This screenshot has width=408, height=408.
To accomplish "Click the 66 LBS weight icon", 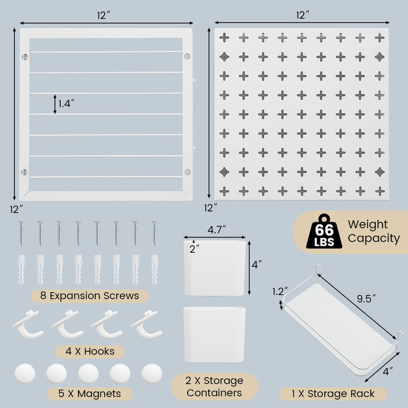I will point(320,232).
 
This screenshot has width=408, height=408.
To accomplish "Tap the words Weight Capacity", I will point(373,231).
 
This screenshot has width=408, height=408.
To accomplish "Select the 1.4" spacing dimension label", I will point(67,104).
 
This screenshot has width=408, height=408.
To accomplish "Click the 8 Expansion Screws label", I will point(90,296).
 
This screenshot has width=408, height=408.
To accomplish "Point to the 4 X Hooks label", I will point(89,351).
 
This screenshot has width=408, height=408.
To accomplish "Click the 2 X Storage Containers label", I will point(214,387).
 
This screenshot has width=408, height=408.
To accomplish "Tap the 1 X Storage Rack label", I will point(334,393).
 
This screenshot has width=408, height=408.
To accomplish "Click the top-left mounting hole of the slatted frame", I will point(24,57).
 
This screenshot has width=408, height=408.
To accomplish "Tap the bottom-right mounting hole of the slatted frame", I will point(187,171).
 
